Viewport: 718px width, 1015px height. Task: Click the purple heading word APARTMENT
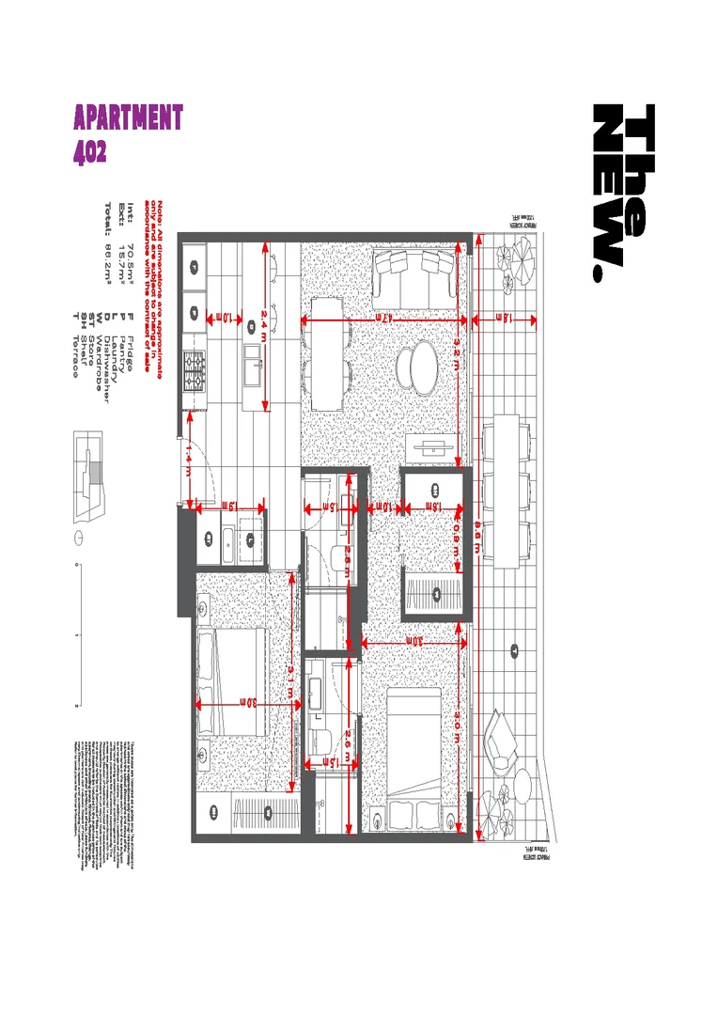(128, 118)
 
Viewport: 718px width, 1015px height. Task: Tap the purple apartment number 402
(90, 150)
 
